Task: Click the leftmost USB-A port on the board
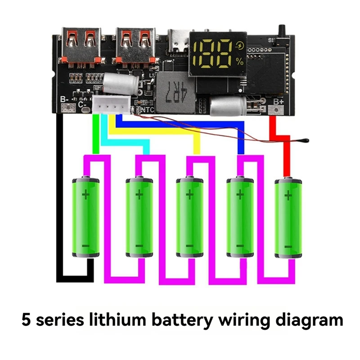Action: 84,45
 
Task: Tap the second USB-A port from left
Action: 136,45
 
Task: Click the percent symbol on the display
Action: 239,63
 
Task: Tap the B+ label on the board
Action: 278,102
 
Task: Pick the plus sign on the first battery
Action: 85,194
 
